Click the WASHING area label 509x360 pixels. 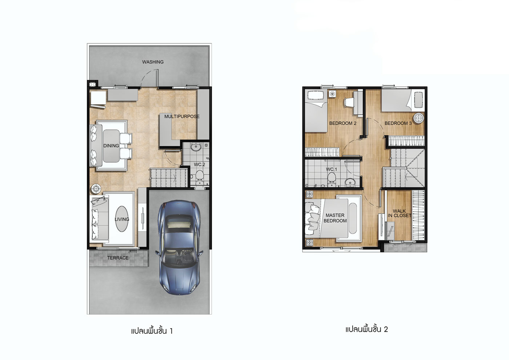coord(153,62)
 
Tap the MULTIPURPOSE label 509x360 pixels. coord(182,116)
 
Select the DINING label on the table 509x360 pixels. coord(111,146)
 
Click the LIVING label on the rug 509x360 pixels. coord(122,219)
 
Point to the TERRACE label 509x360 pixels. coord(118,258)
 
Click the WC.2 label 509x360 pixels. coord(199,164)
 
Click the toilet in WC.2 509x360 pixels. coord(200,177)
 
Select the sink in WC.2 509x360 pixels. coord(196,147)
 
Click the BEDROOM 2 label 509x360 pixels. coord(342,123)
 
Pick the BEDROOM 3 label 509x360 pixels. coord(398,123)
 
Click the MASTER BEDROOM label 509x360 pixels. coord(335,218)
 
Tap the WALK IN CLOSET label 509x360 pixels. coord(399,213)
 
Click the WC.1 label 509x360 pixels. coord(332,169)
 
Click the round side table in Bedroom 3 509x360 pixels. coord(419,118)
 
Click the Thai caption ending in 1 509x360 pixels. coord(152,331)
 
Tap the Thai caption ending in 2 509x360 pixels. coord(366,329)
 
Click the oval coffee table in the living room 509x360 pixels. coord(122,219)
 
